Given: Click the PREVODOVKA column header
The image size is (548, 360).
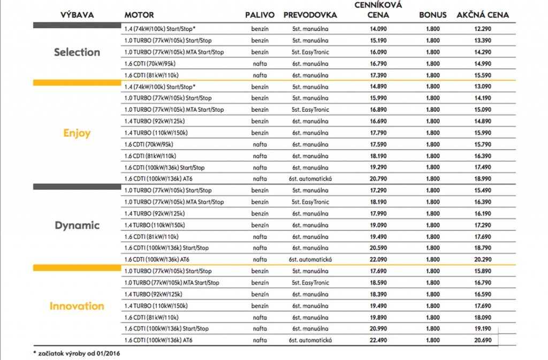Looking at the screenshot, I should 310,15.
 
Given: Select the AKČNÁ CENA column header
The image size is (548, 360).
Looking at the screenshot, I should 483,15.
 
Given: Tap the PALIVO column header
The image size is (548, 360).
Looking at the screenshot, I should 260,15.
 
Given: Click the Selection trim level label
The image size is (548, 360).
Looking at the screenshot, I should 77,52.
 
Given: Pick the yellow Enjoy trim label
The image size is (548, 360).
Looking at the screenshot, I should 77,133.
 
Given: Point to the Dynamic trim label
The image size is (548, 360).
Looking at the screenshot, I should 77,225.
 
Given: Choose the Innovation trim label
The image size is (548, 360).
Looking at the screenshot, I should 77,306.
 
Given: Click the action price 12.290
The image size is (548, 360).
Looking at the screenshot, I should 483,29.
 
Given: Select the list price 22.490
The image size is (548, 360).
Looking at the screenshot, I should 378,340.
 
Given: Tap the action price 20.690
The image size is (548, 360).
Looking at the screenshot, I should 483,340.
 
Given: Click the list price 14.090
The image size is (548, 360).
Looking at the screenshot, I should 378,29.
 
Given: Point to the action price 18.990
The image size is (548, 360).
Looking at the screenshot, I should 483,179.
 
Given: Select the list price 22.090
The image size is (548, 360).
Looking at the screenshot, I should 378,259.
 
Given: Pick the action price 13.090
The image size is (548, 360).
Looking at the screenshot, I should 483,87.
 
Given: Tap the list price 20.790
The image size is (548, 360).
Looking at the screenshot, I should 378,179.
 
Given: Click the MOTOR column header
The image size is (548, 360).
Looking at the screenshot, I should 139,15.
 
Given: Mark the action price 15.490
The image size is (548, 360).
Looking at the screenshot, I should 483,190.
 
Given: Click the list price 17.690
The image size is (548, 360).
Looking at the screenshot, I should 378,271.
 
